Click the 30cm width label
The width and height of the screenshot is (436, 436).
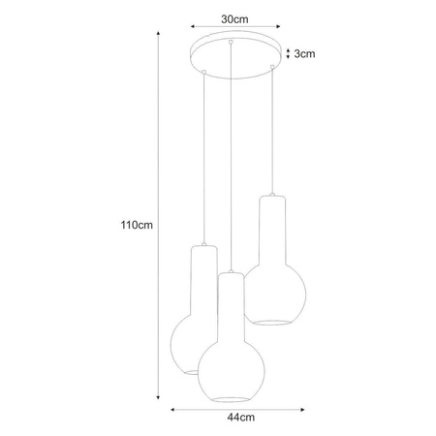(x=231, y=18)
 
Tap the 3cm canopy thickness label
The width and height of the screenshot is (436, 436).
(x=304, y=54)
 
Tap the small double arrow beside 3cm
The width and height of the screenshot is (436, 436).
(x=287, y=54)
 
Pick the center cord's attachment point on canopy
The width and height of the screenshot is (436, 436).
(x=231, y=45)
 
